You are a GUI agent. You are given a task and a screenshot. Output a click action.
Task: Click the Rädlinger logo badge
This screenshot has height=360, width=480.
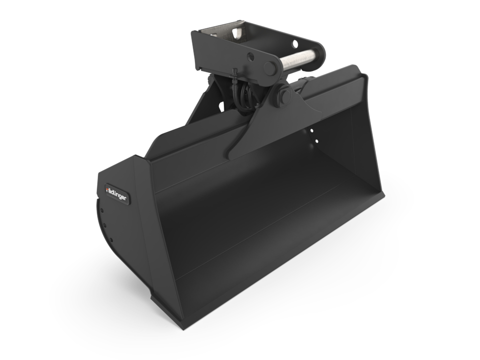coord(116,193)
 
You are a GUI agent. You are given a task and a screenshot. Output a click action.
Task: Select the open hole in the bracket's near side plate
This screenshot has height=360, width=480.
coord(250,56)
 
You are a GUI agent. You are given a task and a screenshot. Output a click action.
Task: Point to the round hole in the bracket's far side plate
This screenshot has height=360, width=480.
coord(295,44)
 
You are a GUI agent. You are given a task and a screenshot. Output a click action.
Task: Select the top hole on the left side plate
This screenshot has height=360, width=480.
coord(101,211)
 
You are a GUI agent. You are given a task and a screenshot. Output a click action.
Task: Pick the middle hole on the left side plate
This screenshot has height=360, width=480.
coord(105,225)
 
